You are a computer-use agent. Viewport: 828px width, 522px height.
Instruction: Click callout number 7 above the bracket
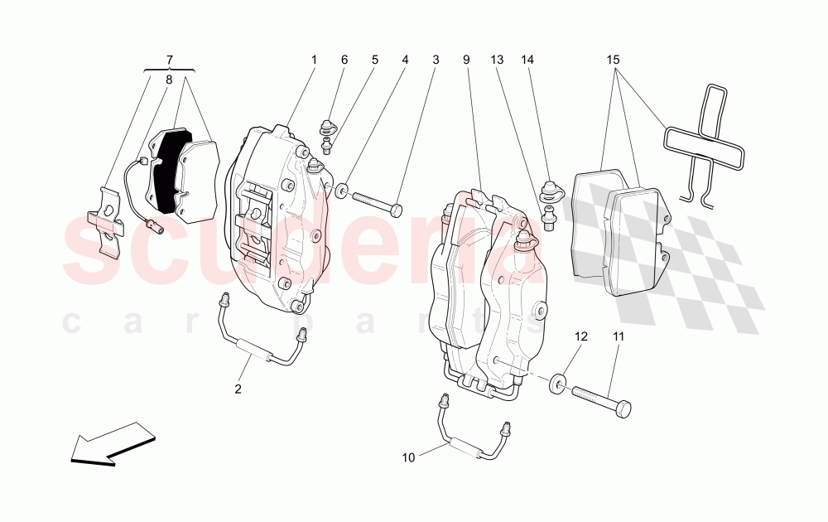(x=170, y=60)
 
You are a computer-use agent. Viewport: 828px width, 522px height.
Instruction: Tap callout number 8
(x=170, y=80)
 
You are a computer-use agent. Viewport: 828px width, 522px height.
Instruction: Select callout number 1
(x=315, y=60)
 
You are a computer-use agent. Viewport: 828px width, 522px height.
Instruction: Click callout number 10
(x=407, y=457)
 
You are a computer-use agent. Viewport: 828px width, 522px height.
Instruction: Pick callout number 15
(x=613, y=60)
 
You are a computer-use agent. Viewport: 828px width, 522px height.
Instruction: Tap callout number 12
(x=580, y=337)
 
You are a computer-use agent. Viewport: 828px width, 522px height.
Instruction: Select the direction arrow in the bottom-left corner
(x=113, y=442)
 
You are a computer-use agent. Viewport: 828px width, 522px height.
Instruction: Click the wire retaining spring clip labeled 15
(x=704, y=141)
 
